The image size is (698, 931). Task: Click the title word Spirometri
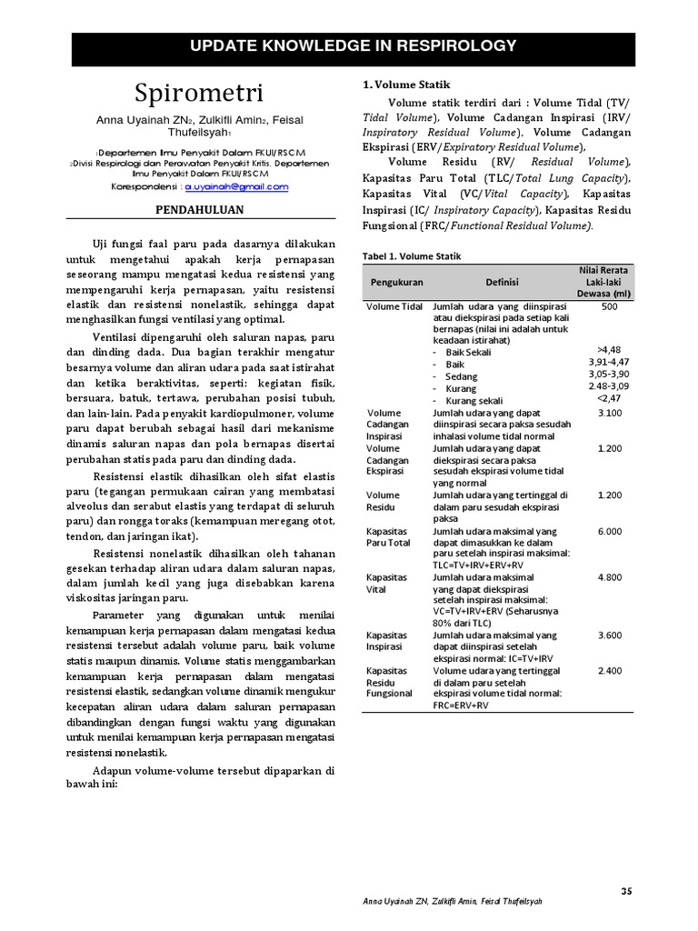(200, 93)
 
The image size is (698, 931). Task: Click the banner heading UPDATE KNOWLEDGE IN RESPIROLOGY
(353, 45)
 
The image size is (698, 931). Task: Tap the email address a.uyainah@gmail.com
(236, 186)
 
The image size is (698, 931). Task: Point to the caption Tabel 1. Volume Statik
(412, 256)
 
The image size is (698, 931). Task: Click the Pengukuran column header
(396, 282)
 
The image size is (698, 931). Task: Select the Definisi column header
(502, 282)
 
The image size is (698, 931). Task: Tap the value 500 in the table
(609, 306)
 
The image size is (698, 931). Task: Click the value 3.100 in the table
(609, 413)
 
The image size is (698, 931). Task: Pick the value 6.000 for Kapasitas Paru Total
(609, 531)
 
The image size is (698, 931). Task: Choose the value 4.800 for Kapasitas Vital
(609, 577)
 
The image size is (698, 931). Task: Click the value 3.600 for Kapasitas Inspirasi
(609, 636)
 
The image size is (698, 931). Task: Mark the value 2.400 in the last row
(609, 671)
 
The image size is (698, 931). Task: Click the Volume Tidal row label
(394, 306)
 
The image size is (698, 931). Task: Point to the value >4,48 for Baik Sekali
(609, 350)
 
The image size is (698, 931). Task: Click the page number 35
(626, 891)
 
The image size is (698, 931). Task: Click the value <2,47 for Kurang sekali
(609, 398)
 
